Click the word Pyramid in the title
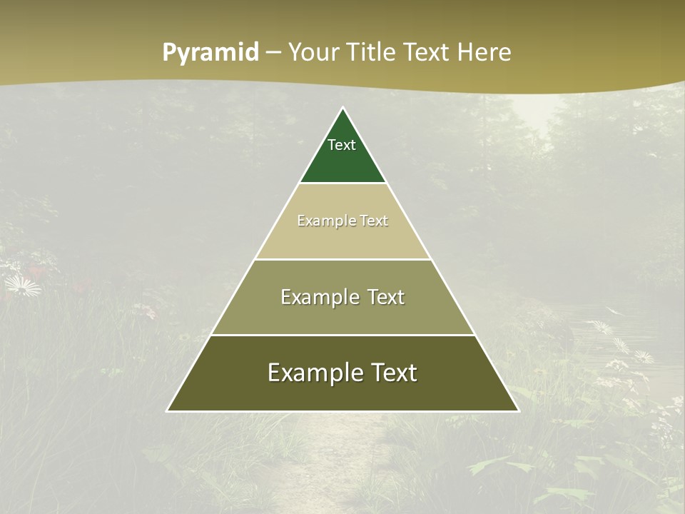point(210,53)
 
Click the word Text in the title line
point(427,53)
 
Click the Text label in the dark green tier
point(342,145)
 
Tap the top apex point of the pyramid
point(343,108)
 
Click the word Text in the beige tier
point(374,221)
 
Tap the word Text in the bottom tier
point(390,373)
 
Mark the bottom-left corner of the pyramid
point(168,411)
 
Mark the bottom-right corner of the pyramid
point(518,411)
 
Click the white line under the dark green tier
point(343,183)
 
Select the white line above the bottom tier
point(343,335)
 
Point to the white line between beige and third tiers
point(343,259)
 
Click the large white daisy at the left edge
point(21,287)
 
